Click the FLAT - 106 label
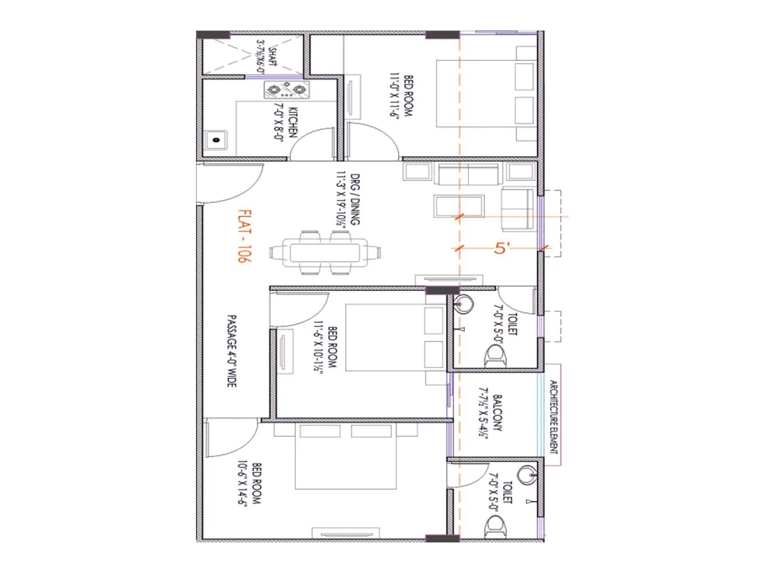244,236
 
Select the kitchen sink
216,140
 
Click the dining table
325,252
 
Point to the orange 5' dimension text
502,248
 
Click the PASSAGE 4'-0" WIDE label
232,351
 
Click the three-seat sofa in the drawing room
469,174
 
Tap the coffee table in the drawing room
459,206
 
